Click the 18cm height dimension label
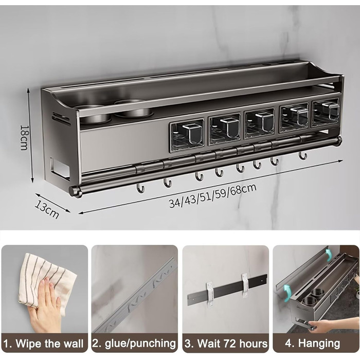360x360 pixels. pos(24,137)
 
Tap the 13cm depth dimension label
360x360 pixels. pos(47,209)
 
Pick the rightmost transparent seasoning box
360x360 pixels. pos(326,113)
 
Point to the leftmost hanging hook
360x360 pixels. pos(140,188)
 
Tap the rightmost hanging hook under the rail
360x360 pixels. pos(302,155)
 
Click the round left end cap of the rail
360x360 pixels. pos(74,191)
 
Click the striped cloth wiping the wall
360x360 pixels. pos(46,282)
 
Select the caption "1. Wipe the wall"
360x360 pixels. pos(44,344)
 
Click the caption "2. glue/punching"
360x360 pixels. pos(134,344)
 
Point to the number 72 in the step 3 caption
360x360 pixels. pos(230,344)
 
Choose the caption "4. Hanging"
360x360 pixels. pos(313,344)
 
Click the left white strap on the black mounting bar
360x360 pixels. pos(210,295)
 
